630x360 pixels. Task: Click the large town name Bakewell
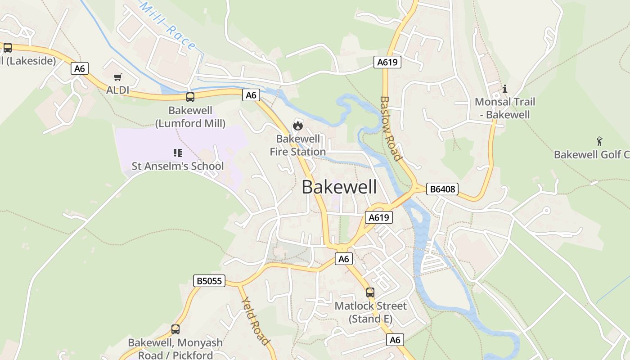point(339,187)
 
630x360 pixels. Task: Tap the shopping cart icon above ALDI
point(118,77)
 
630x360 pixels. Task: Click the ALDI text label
point(118,90)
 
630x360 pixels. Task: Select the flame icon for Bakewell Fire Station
point(297,126)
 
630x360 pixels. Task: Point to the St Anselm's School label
point(177,166)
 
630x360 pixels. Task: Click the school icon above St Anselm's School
point(178,153)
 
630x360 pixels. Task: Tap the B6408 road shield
point(442,189)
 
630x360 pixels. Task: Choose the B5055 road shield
point(209,281)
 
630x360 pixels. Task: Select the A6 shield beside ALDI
point(79,68)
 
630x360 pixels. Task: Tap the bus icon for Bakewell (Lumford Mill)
point(190,97)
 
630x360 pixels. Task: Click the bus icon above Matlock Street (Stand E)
point(370,292)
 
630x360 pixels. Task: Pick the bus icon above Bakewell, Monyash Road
point(175,329)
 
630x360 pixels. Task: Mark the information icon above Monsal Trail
point(505,89)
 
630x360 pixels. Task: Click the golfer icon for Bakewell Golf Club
point(599,141)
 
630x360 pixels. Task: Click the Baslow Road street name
point(390,128)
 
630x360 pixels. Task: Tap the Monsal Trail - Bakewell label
point(505,108)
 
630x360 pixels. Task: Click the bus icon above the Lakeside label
point(8,48)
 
